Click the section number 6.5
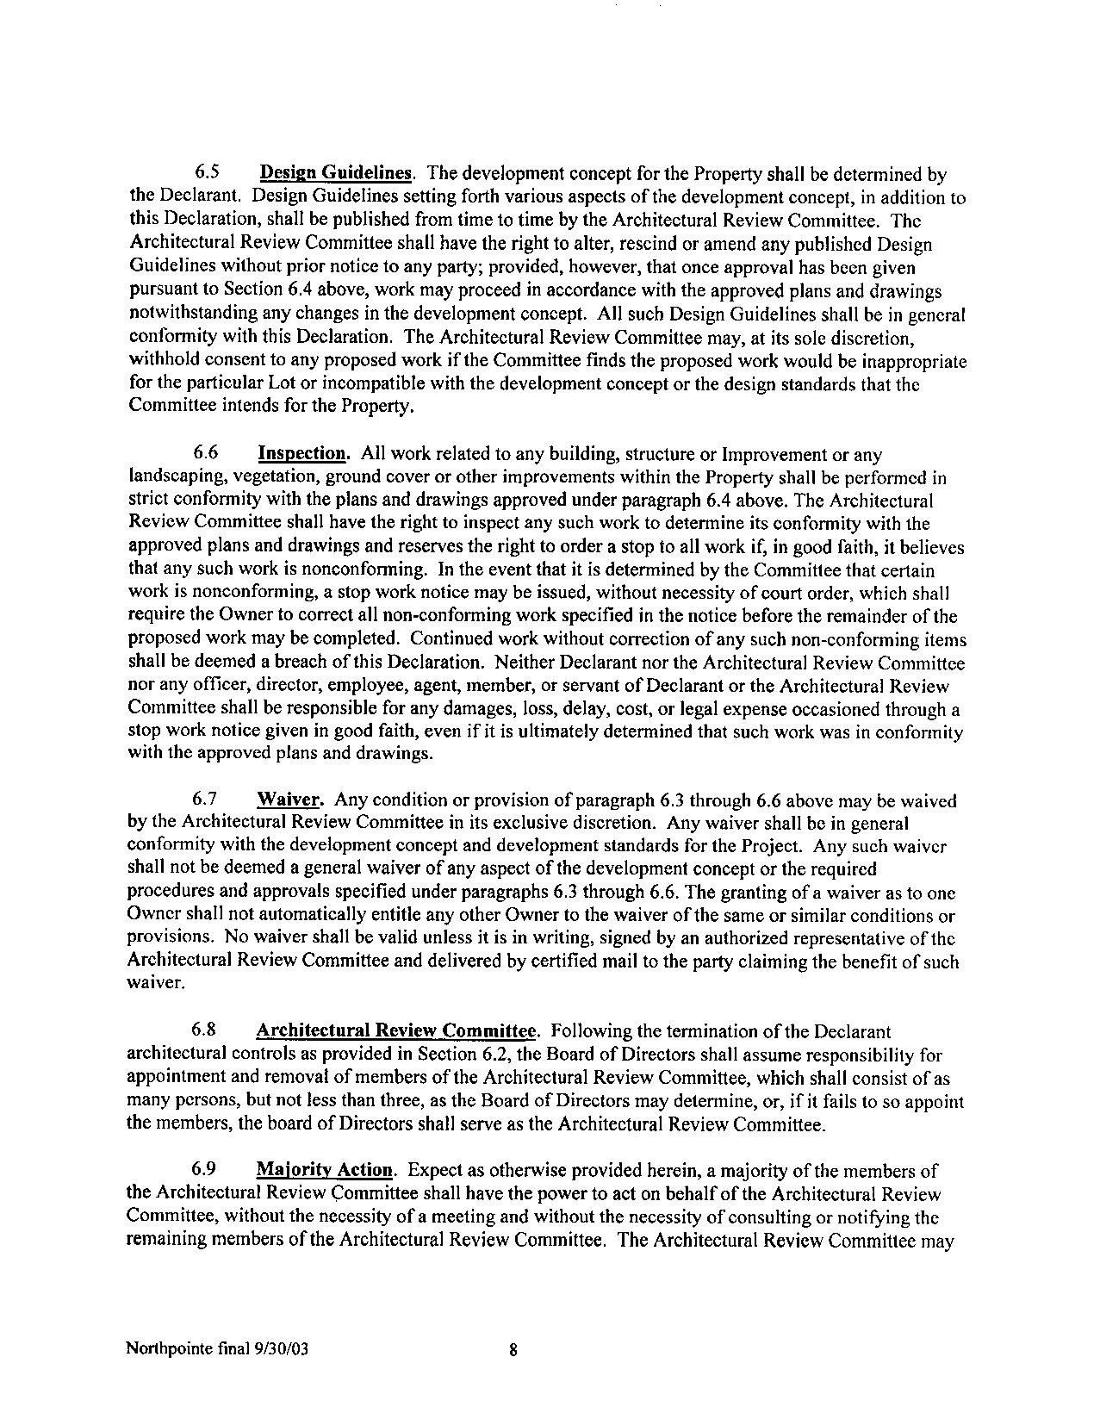(204, 174)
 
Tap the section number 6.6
(205, 453)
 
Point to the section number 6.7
(205, 800)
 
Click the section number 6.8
(204, 1030)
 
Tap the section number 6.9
(204, 1170)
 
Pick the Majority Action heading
(326, 1170)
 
